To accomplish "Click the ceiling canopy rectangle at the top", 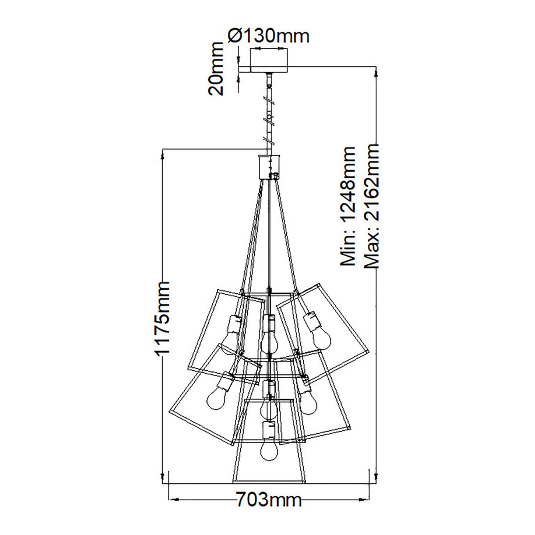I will pyautogui.click(x=269, y=60).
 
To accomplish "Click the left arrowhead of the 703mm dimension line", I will pyautogui.click(x=172, y=498).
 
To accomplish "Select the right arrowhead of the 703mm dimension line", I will pyautogui.click(x=366, y=498).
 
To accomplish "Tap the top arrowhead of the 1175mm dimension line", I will pyautogui.click(x=164, y=154).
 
